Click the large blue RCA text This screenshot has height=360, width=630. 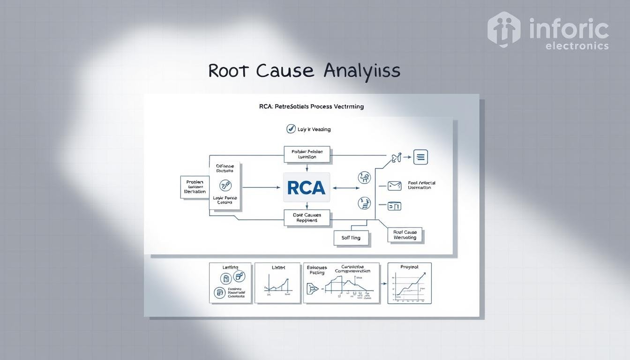307,187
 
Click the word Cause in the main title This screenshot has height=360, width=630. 285,70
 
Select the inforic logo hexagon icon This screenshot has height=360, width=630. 504,29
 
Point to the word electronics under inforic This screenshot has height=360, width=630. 577,46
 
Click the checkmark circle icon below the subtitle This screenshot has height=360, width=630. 291,129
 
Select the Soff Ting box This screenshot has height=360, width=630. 351,238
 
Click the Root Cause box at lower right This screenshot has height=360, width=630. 405,235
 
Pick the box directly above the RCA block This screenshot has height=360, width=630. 307,154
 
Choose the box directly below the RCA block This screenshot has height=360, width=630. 307,217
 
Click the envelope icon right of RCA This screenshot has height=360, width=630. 394,186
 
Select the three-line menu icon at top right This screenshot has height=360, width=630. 420,157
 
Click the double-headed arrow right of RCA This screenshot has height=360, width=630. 345,188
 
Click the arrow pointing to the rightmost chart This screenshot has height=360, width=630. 383,284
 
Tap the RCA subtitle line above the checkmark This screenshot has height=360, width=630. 311,106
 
